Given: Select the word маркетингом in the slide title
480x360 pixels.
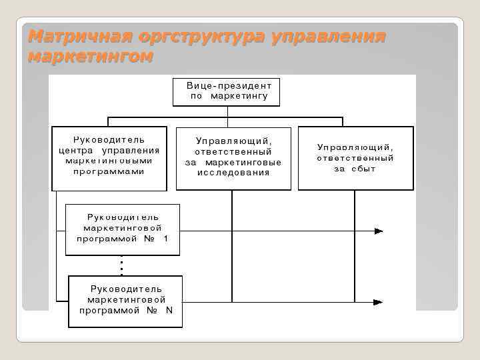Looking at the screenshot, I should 90,57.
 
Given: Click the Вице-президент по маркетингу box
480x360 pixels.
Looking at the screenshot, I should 227,91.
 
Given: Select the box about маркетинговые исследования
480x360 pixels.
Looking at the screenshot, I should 233,158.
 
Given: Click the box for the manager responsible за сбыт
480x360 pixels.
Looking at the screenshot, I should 355,158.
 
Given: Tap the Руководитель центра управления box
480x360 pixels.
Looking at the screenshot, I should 109,159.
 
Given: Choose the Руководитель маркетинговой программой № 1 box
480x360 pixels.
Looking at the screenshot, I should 123,229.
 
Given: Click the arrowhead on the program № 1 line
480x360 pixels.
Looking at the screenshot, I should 379,231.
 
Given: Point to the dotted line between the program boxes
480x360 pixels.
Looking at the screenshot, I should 121,265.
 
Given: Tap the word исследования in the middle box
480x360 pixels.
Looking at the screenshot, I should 233,173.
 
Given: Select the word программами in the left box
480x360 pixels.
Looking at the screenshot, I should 109,171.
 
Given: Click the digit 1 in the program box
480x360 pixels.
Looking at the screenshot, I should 165,238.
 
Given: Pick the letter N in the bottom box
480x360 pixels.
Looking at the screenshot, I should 169,310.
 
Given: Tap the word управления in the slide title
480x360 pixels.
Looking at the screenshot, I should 329,36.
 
